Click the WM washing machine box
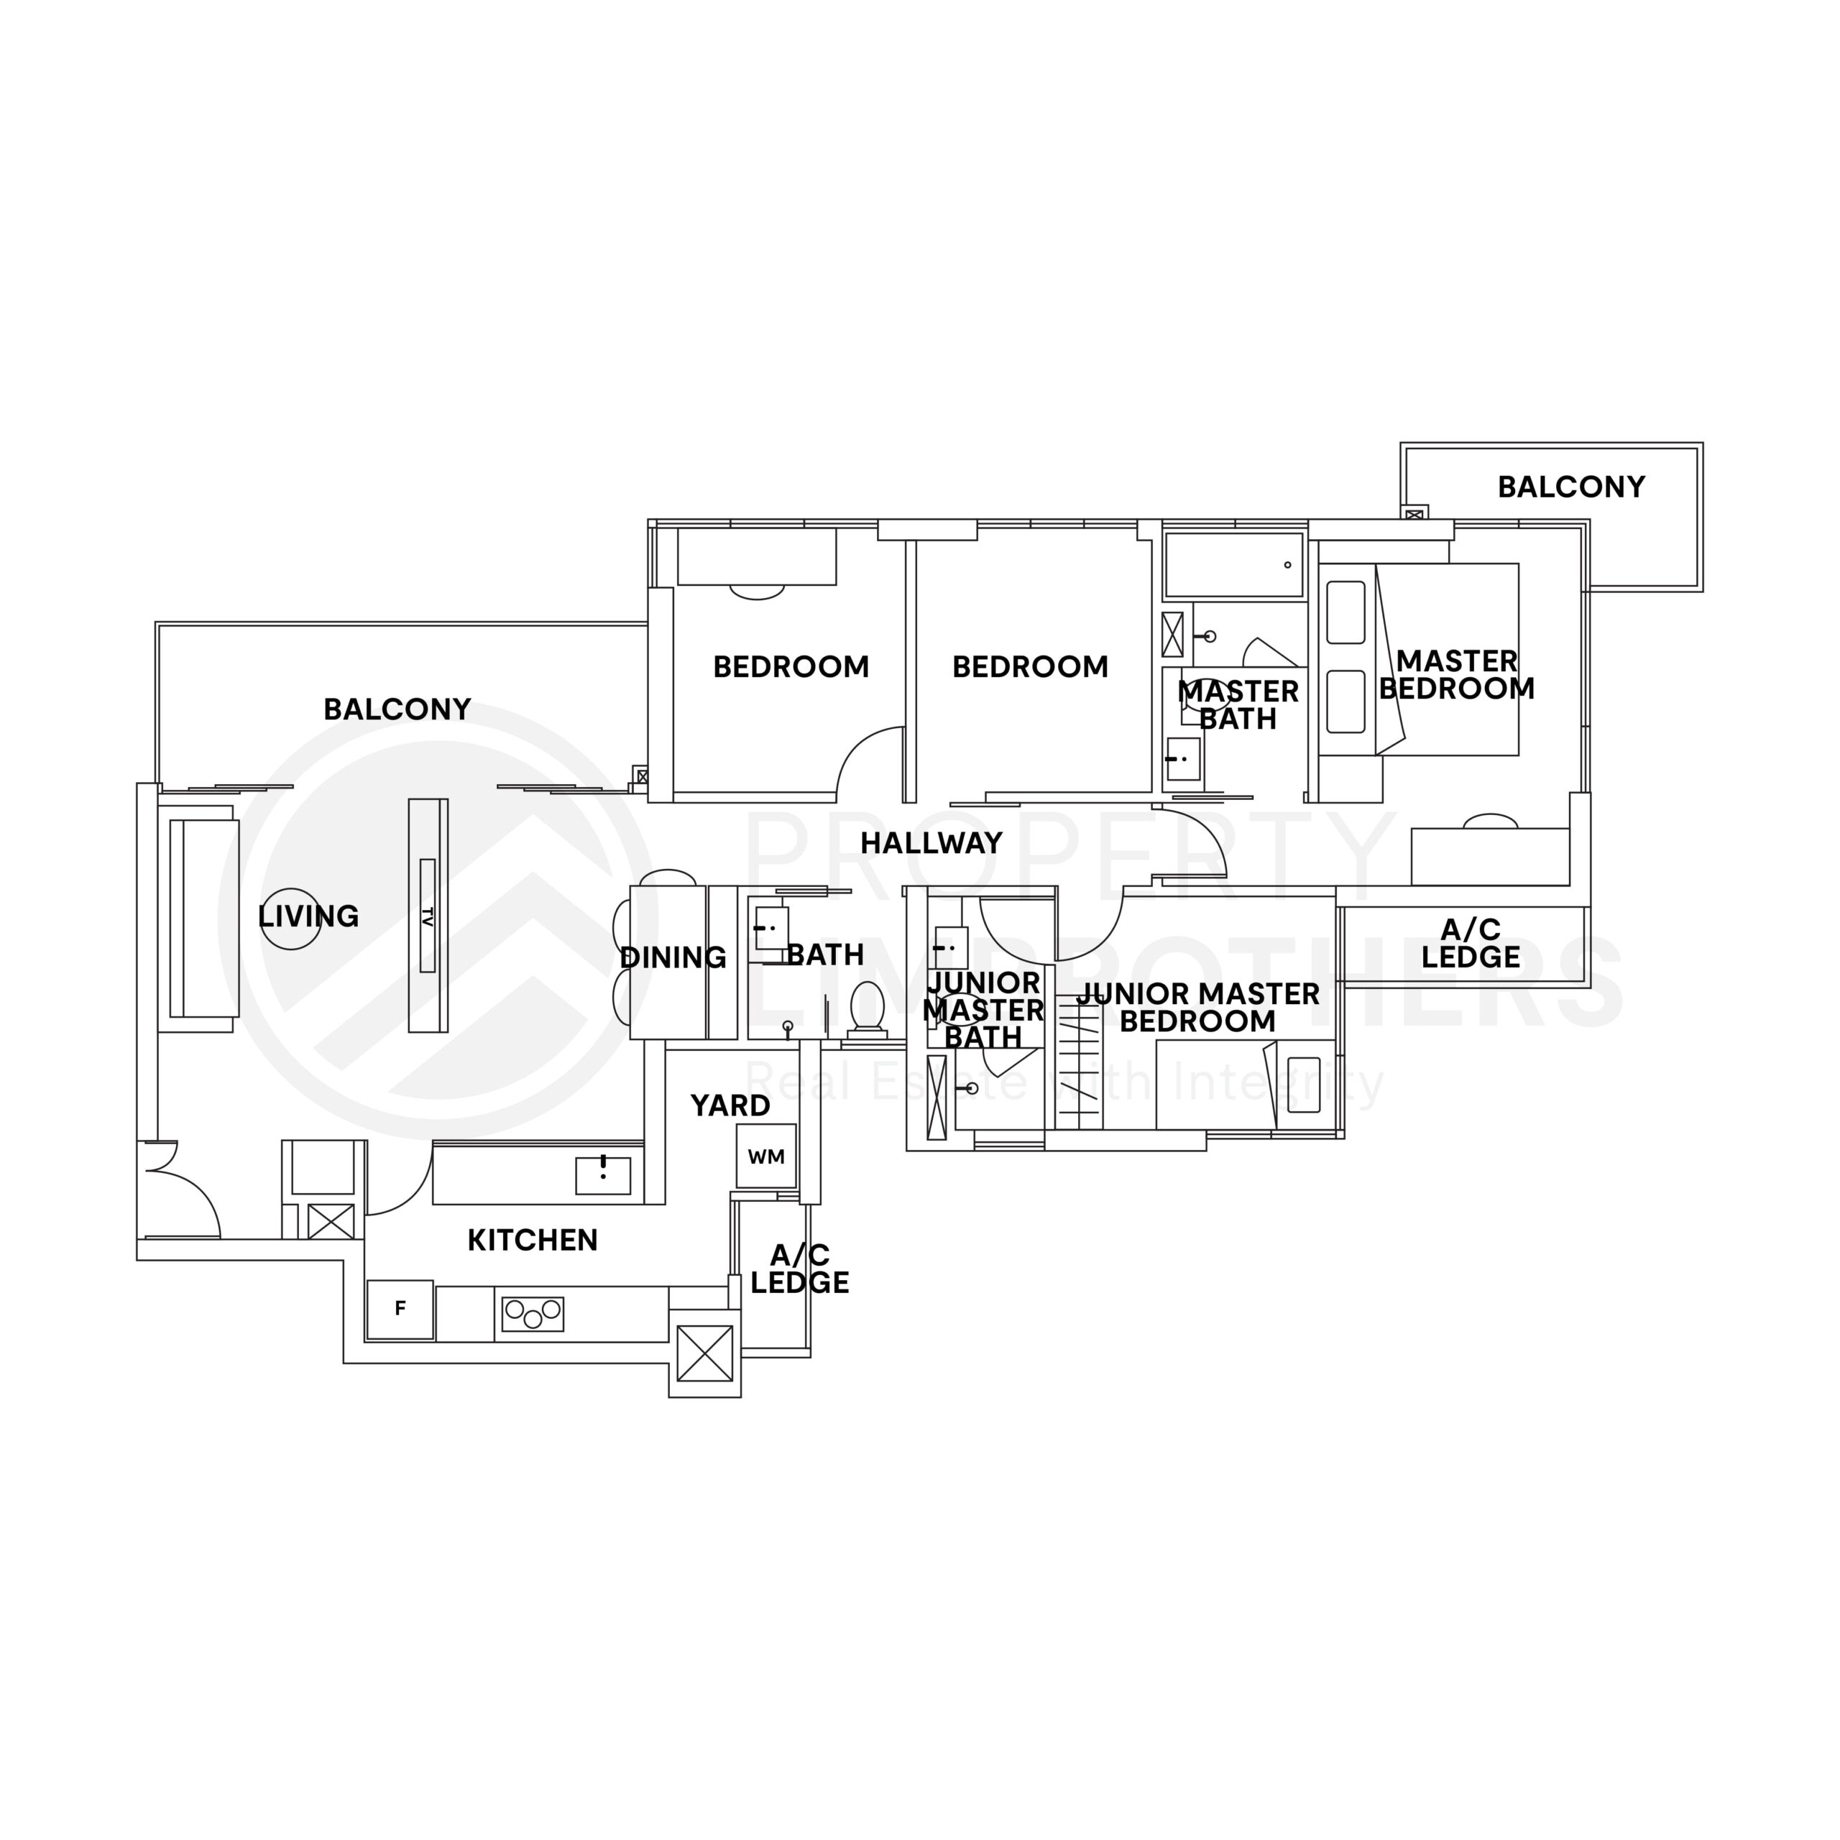tap(765, 1156)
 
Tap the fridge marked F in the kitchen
tap(400, 1309)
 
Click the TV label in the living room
tap(428, 916)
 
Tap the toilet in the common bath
tap(867, 1007)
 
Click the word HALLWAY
tap(931, 843)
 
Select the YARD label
tap(730, 1105)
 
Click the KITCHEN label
tap(533, 1240)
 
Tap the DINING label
tap(672, 957)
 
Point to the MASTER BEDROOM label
tap(1456, 674)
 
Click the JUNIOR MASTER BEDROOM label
tap(1197, 1008)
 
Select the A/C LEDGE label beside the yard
tap(799, 1269)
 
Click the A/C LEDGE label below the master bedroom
tap(1471, 943)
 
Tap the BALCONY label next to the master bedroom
tap(1570, 487)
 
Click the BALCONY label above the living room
tap(397, 709)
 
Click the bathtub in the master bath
tap(1233, 565)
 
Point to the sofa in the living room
tap(202, 919)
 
